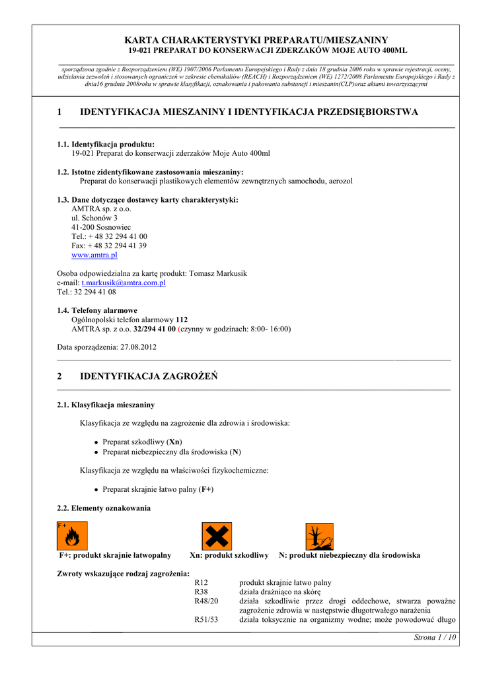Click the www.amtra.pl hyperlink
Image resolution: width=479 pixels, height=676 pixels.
pos(94,255)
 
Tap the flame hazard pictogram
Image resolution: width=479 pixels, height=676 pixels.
pos(72,536)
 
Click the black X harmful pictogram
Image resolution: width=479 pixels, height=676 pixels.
pos(216,536)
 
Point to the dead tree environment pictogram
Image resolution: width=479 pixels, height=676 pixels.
pos(319,536)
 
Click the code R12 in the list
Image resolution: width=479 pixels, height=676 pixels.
pos(202,583)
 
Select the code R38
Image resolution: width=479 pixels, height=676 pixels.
pos(202,592)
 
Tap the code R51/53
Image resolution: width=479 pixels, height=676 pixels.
pos(206,620)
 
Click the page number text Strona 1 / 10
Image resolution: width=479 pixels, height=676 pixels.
pos(435,637)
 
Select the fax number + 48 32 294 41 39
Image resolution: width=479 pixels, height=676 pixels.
pos(117,246)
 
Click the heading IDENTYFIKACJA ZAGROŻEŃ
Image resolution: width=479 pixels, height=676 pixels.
pos(149,376)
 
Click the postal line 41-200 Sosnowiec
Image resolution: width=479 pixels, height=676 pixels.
pos(101,227)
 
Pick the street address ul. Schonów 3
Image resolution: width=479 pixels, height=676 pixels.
pos(94,218)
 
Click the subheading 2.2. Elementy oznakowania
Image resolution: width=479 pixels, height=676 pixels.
pos(104,508)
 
